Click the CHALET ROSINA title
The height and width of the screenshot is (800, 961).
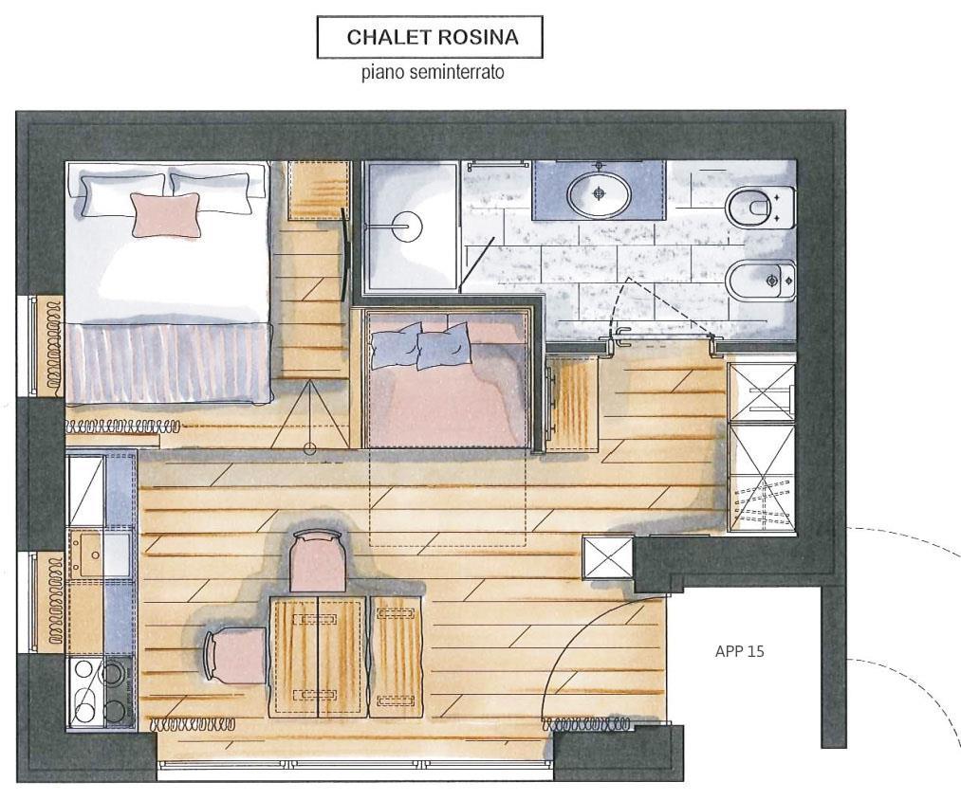click(x=432, y=37)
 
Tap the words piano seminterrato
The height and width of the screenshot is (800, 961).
click(x=433, y=72)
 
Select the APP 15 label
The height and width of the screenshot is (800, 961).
click(x=740, y=651)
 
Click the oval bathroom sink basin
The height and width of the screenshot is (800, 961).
click(x=599, y=193)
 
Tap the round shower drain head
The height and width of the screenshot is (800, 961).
click(x=406, y=226)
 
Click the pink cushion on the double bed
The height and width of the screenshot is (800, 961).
click(x=166, y=214)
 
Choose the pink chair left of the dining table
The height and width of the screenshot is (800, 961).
click(x=235, y=656)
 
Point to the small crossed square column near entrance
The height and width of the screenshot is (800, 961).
click(x=607, y=557)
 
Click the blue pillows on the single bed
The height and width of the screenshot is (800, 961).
click(x=420, y=347)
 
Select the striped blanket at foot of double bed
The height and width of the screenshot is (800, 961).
click(x=169, y=363)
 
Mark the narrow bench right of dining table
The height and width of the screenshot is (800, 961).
click(x=397, y=657)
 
